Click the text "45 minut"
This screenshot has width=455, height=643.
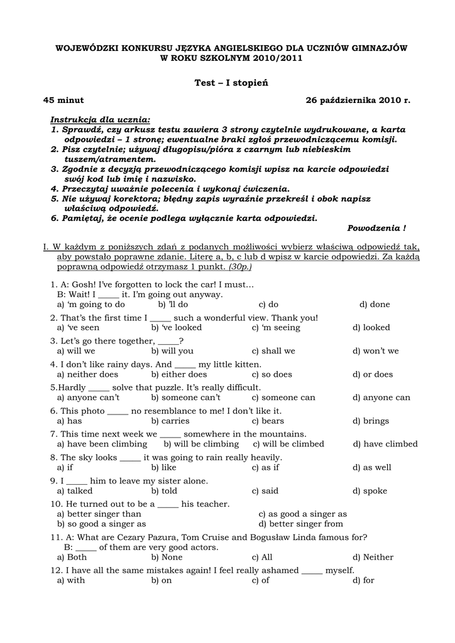(63, 100)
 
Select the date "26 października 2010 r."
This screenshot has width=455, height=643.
(358, 100)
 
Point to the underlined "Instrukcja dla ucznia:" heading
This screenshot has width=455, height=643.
(101, 119)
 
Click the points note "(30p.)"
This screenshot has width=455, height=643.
(240, 267)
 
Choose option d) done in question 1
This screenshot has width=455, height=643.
(375, 305)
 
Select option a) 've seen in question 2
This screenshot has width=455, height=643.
(79, 327)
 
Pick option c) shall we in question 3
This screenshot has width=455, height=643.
(273, 351)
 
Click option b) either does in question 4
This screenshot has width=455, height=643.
(179, 374)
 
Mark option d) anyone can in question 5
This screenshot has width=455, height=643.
(381, 397)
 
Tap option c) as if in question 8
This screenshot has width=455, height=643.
(266, 467)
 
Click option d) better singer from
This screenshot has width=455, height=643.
(301, 524)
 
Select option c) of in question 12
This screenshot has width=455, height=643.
(261, 580)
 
